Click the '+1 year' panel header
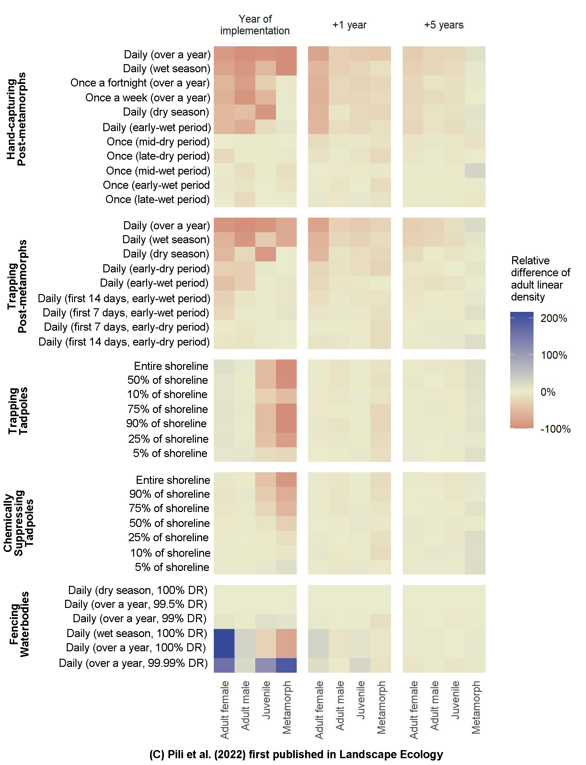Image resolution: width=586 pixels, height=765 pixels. click(349, 25)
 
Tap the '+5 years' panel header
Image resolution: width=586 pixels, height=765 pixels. click(444, 25)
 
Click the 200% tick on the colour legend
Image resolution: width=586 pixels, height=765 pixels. click(554, 318)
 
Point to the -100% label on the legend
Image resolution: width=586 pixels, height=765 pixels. click(555, 428)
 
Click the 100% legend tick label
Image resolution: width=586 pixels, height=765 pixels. click(554, 355)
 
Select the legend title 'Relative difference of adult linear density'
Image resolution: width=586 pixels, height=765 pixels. click(540, 278)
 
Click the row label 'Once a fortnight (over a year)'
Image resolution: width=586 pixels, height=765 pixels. click(140, 83)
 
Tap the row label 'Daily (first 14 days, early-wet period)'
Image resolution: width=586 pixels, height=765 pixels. click(124, 299)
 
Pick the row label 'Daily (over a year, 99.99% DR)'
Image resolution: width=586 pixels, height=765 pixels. click(133, 663)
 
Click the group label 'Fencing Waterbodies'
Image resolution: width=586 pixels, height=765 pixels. click(19, 624)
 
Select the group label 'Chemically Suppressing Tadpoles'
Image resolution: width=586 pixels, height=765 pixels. click(18, 523)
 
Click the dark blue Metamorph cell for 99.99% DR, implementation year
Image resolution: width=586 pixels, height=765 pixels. click(286, 665)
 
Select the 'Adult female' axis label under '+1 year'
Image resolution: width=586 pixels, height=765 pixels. click(319, 710)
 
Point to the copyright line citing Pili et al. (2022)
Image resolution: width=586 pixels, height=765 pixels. click(296, 754)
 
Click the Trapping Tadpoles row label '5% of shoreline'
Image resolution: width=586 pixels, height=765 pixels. click(170, 453)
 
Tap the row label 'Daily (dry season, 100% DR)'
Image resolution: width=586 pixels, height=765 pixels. click(138, 590)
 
